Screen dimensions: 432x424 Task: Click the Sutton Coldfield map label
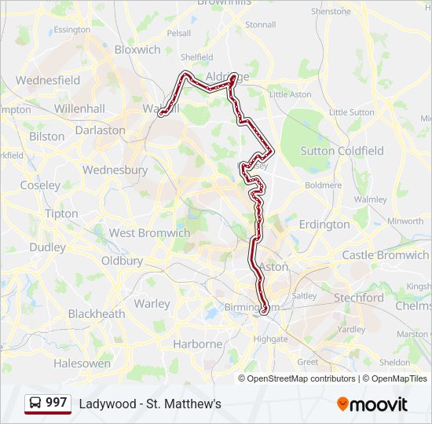coord(342,151)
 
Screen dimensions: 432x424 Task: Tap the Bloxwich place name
coord(137,49)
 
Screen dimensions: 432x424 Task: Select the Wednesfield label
coord(48,80)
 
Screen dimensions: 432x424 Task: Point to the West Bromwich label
coord(149,233)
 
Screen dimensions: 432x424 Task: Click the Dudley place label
coord(48,247)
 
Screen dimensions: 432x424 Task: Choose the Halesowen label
coord(82,364)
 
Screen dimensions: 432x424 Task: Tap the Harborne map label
coord(198,344)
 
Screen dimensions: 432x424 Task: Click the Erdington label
coord(324,225)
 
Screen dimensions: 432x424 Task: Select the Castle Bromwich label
coord(385,255)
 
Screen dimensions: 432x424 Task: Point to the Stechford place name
coord(359,298)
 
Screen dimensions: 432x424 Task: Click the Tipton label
coord(61,214)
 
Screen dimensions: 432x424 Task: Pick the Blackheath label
coord(96,314)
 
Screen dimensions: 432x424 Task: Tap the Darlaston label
coord(101,130)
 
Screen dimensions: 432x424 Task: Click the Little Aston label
coord(291,94)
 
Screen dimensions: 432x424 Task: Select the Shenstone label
coord(331,12)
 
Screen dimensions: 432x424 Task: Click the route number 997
coord(56,403)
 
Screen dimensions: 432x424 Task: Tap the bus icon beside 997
coord(35,404)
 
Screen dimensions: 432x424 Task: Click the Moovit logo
coord(372,404)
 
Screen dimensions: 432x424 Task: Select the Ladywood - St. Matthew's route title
coord(150,404)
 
